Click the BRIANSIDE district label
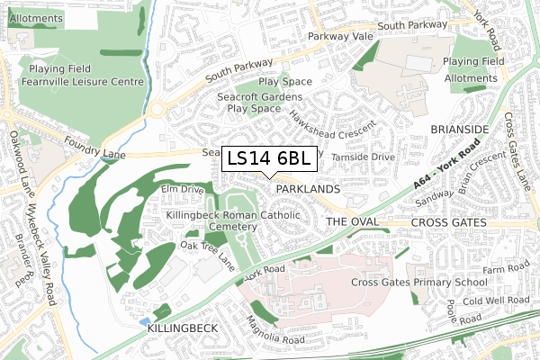459,130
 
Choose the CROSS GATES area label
447,222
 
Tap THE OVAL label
348,221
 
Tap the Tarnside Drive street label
363,157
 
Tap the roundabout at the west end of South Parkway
158,110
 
